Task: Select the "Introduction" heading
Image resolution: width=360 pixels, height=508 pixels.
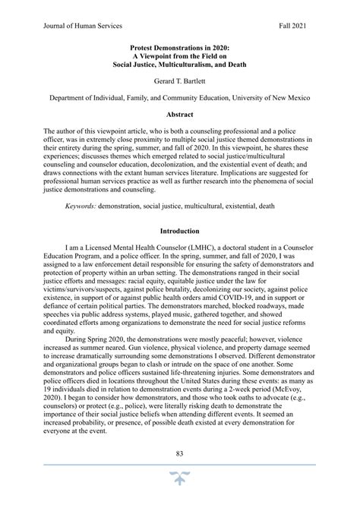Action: coord(180,231)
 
